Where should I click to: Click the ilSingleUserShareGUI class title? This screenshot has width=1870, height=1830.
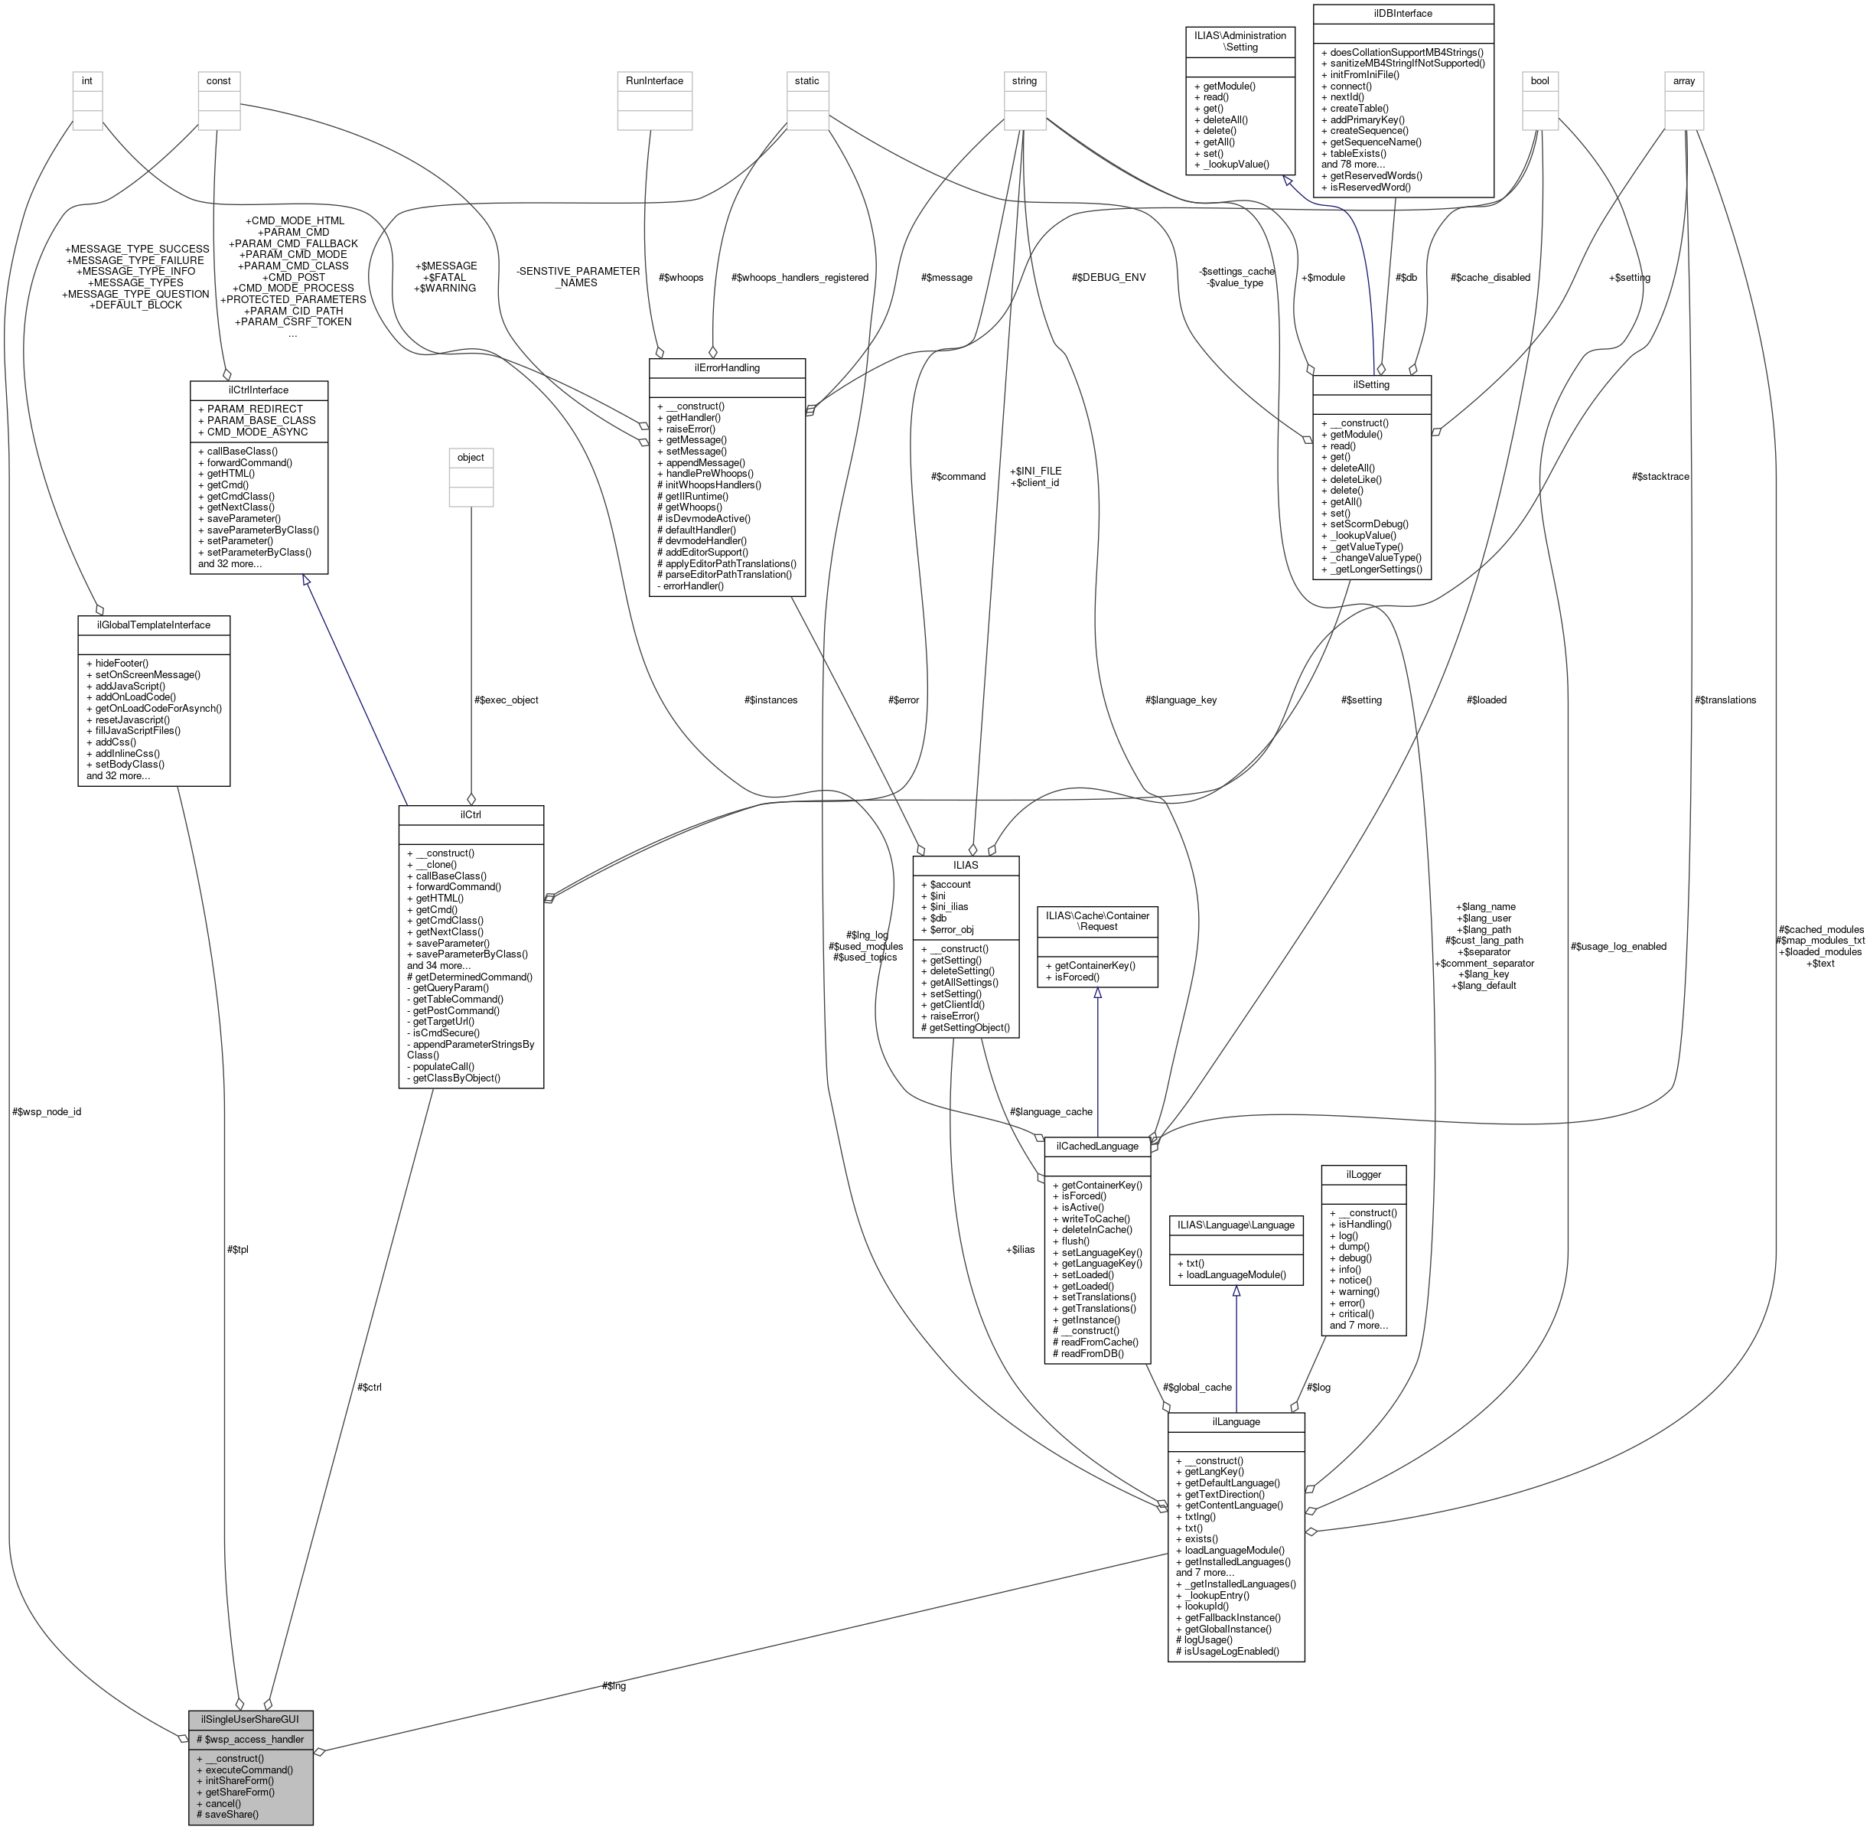pos(250,1717)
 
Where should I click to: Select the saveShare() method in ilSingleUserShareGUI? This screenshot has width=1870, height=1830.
pos(233,1814)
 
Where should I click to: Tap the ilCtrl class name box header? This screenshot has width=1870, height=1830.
pos(471,815)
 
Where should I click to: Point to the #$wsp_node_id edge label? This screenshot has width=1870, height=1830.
pos(48,1112)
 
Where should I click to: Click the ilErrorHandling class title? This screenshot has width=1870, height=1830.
pos(726,367)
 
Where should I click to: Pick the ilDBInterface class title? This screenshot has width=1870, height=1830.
pos(1403,14)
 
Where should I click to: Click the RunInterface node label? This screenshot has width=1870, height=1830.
pos(654,80)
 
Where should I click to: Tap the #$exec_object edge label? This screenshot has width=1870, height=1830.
pos(507,700)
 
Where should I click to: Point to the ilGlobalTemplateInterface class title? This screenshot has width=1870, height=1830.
pos(154,625)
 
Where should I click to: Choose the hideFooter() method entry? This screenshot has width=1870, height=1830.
pos(122,663)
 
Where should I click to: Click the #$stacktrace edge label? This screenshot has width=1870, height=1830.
pos(1660,477)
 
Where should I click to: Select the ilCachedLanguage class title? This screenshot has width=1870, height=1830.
pos(1097,1146)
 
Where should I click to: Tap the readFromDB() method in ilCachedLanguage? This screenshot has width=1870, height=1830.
pos(1089,1353)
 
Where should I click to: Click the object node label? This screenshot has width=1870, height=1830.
pos(471,458)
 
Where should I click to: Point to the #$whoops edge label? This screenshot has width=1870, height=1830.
pos(681,278)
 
